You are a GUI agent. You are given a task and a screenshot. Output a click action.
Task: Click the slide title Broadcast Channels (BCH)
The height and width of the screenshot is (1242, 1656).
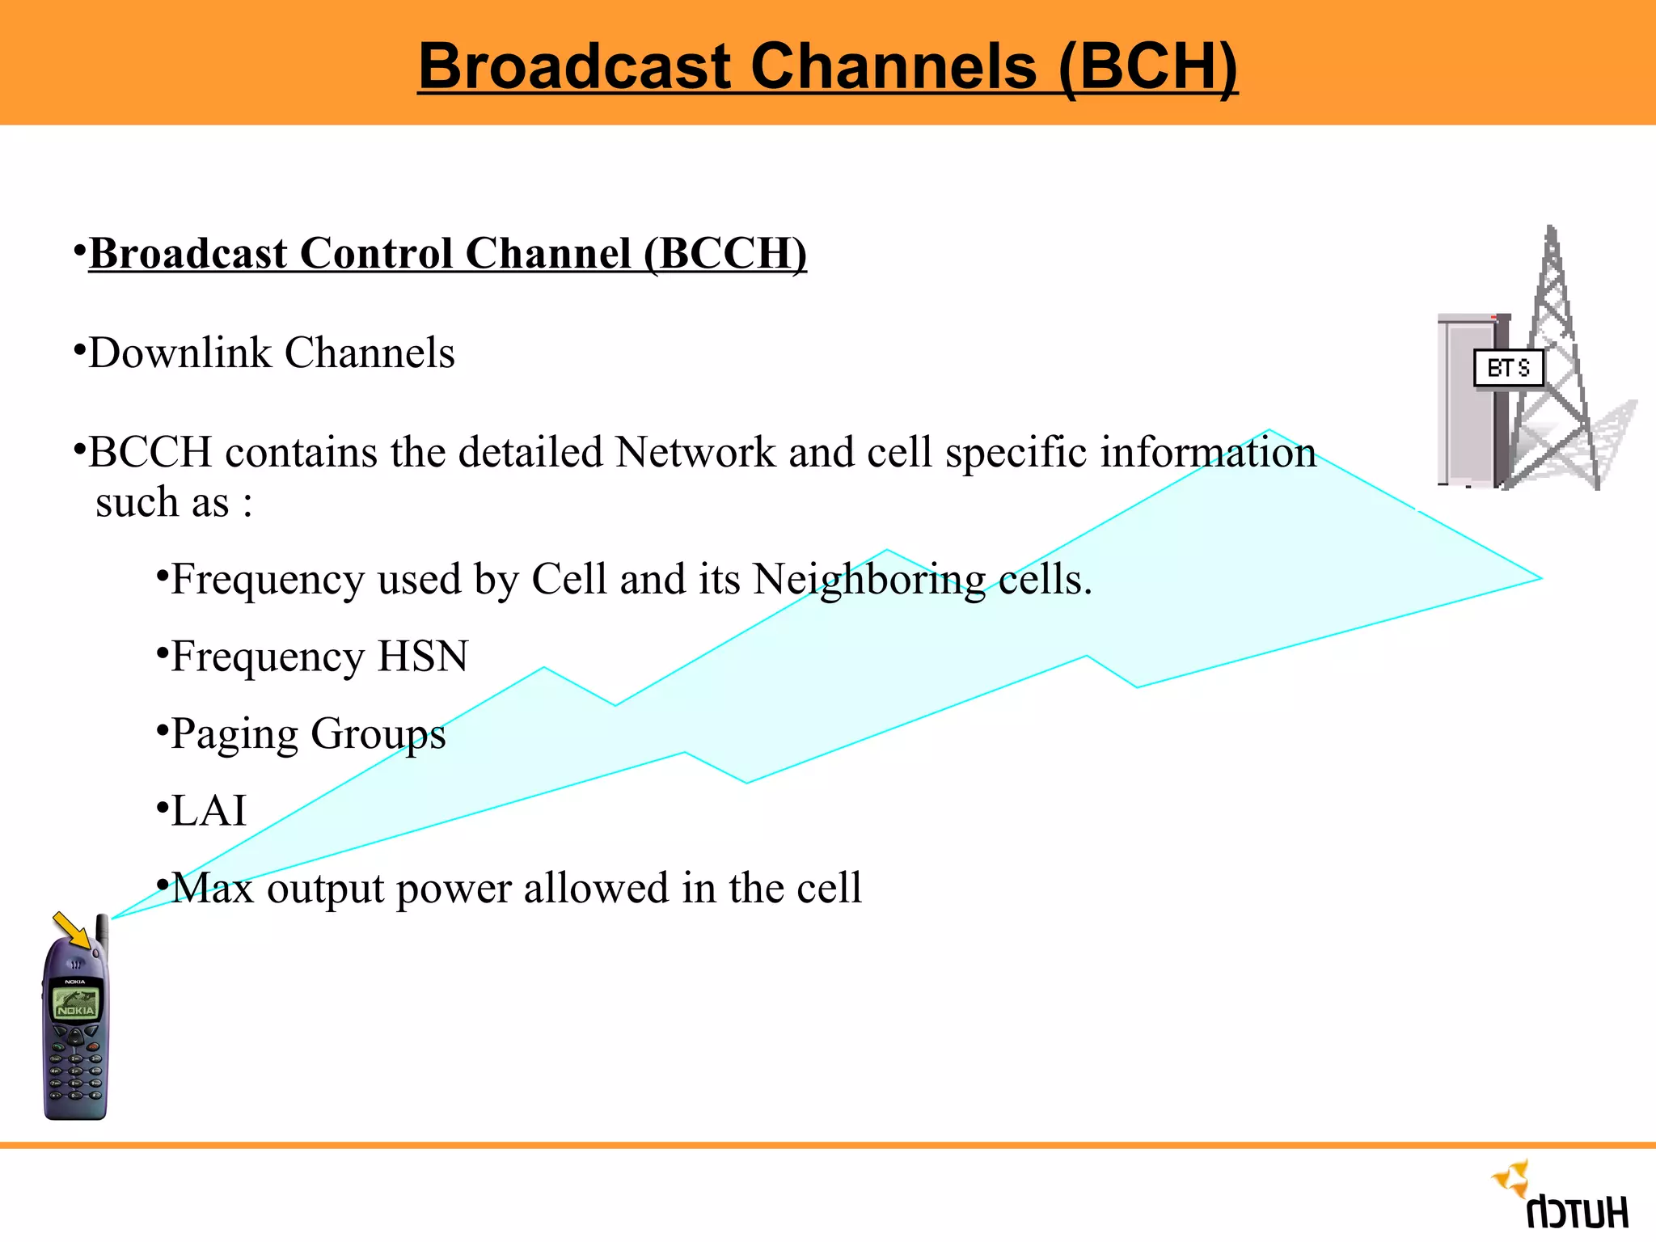(x=827, y=66)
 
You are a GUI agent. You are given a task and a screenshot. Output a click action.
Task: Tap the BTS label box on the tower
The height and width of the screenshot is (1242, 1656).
(x=1508, y=369)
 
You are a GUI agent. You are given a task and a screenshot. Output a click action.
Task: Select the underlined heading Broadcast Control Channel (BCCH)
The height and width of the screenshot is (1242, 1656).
(x=447, y=254)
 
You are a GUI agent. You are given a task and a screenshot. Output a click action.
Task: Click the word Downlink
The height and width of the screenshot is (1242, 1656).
(x=180, y=353)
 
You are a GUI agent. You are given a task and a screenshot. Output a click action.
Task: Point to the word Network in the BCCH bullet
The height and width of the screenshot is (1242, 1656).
(x=695, y=452)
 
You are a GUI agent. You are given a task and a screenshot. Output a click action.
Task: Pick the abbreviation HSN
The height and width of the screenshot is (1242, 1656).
(x=423, y=657)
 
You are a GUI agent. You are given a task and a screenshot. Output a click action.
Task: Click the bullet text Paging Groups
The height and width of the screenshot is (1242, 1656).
(x=308, y=734)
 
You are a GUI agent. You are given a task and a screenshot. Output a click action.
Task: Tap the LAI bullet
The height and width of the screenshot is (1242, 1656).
(x=209, y=811)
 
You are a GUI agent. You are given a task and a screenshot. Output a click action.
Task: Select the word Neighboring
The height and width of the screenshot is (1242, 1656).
(x=869, y=580)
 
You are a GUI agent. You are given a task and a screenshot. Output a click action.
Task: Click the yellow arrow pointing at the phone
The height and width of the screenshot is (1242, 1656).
(x=73, y=930)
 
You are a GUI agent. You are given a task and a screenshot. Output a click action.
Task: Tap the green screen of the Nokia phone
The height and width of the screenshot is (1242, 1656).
(x=75, y=1003)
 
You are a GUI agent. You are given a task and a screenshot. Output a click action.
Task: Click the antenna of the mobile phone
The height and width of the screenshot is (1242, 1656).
(x=103, y=930)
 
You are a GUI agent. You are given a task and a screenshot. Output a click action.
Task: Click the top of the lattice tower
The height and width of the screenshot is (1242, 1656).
(x=1551, y=234)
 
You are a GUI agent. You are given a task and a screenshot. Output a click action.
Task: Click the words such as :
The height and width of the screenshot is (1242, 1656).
(x=174, y=503)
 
